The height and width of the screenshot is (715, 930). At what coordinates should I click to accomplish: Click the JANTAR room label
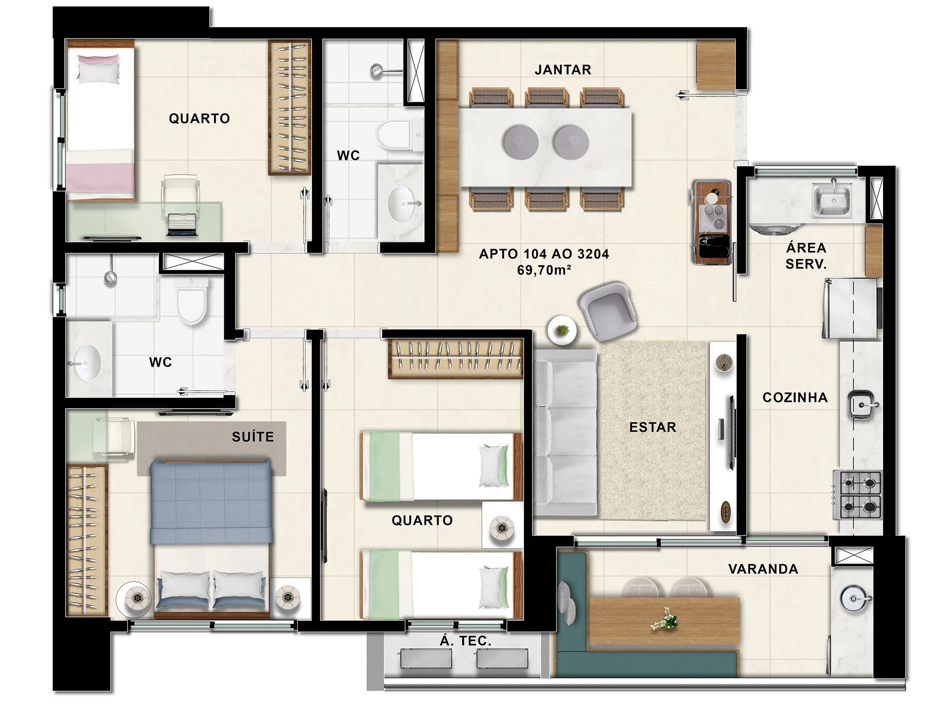(563, 70)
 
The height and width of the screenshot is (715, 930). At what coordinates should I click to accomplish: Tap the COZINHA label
(795, 397)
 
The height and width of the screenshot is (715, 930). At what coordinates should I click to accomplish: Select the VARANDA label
(763, 569)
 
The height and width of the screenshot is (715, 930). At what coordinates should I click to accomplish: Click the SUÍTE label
(253, 437)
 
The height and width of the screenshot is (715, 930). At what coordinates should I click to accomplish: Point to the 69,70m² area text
(544, 270)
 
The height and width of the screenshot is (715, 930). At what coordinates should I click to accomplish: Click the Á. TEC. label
(465, 641)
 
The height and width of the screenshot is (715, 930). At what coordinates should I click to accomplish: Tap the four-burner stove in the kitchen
(857, 495)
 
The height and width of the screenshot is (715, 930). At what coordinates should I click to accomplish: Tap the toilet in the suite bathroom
(192, 302)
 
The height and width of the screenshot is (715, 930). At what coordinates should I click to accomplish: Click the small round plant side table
(562, 331)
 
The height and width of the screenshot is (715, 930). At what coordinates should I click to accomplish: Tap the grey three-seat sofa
(565, 433)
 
